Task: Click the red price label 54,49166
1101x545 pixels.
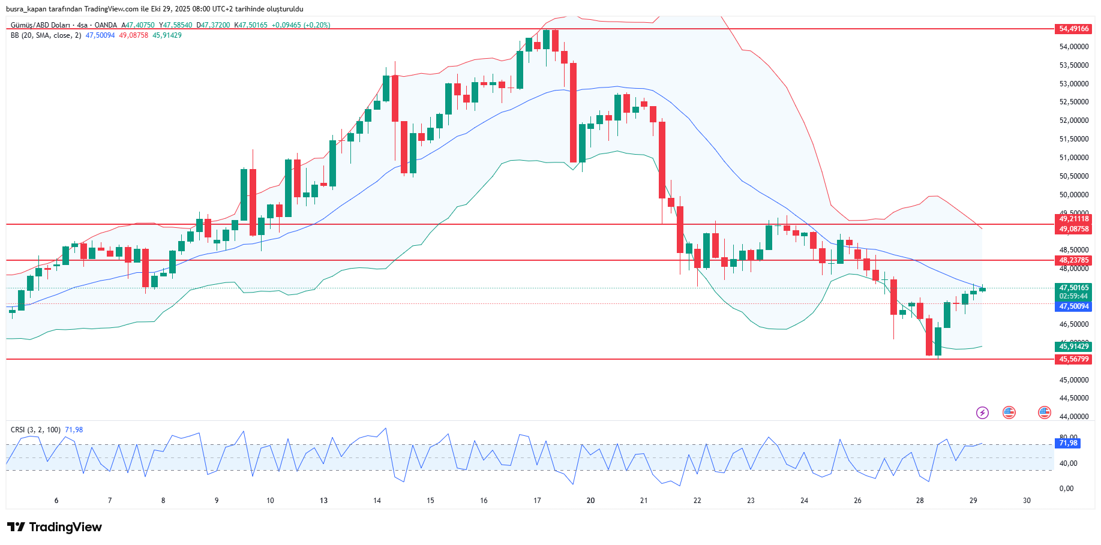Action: pyautogui.click(x=1073, y=29)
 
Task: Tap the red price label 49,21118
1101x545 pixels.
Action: pyautogui.click(x=1073, y=219)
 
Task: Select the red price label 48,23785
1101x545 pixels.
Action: pyautogui.click(x=1073, y=260)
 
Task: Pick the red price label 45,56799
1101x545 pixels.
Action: pyautogui.click(x=1073, y=359)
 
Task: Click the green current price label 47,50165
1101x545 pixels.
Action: pyautogui.click(x=1073, y=288)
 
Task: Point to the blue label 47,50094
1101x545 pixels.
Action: pyautogui.click(x=1073, y=306)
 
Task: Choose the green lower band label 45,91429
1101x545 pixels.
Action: pyautogui.click(x=1073, y=347)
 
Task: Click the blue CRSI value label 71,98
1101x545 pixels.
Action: pyautogui.click(x=1068, y=443)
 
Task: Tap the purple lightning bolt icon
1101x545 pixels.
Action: pyautogui.click(x=982, y=412)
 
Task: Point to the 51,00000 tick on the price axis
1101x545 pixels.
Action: pyautogui.click(x=1073, y=158)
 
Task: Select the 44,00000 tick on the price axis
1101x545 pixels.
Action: pyautogui.click(x=1073, y=417)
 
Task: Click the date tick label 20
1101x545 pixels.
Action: pyautogui.click(x=590, y=501)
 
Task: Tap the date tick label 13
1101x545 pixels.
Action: pyautogui.click(x=323, y=501)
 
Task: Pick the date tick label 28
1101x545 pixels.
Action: pyautogui.click(x=920, y=501)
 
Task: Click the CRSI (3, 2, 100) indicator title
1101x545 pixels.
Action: pyautogui.click(x=35, y=430)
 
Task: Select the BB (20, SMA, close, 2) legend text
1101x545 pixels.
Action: pyautogui.click(x=46, y=35)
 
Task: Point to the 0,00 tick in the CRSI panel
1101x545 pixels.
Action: pyautogui.click(x=1066, y=489)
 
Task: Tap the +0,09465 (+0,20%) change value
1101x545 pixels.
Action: pyautogui.click(x=301, y=25)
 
